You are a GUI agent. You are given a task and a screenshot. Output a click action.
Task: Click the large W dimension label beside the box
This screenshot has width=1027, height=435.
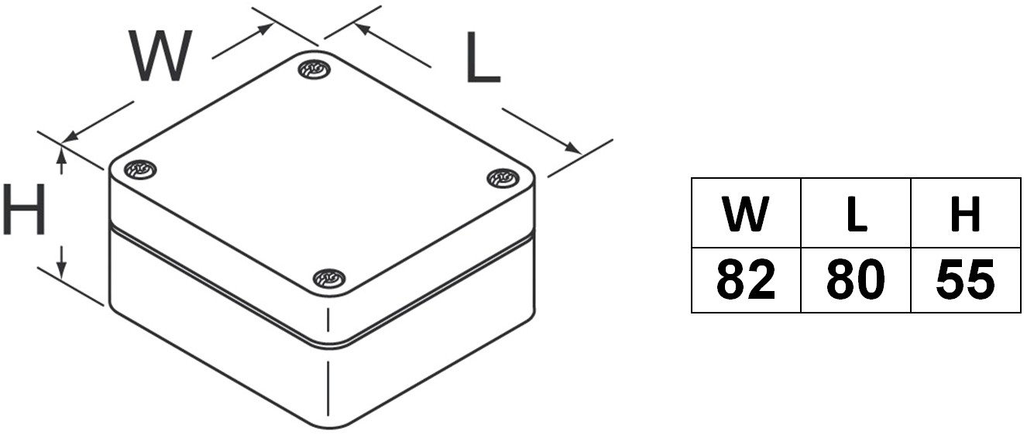160,56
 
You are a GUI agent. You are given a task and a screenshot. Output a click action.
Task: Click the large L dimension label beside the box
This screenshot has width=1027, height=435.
483,57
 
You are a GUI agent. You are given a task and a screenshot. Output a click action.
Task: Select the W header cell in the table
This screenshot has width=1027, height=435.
746,213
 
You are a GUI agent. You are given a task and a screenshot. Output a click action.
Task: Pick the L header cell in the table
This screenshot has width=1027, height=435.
856,213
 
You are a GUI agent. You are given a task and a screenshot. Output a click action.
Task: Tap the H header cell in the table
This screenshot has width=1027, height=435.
966,213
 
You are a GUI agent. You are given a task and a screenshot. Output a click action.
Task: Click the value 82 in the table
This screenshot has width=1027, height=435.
746,279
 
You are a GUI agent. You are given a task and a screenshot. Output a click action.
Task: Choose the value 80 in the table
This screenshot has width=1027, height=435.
856,279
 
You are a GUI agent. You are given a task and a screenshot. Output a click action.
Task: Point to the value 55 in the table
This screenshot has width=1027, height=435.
966,279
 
